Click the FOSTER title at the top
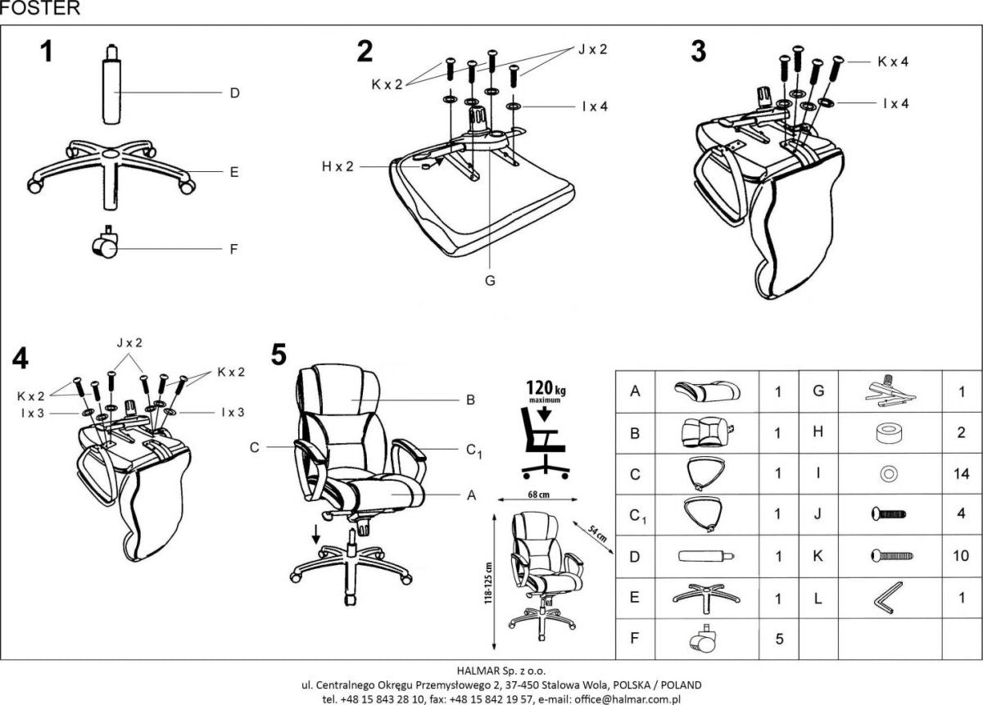pos(40,9)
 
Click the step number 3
pos(698,52)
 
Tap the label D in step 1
pos(233,93)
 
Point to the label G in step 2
pos(489,281)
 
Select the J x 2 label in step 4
pos(129,343)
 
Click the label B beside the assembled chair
pos(470,400)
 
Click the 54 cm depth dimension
pos(596,534)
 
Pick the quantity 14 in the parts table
pos(961,473)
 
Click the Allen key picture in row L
pos(886,599)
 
